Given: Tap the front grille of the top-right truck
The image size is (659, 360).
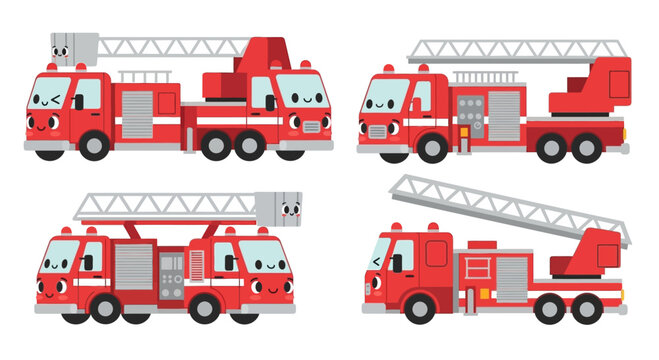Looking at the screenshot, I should coord(377,131).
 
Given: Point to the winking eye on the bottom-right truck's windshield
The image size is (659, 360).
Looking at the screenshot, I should coord(377,262).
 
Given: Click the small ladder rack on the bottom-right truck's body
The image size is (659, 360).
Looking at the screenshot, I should coord(476,267).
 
